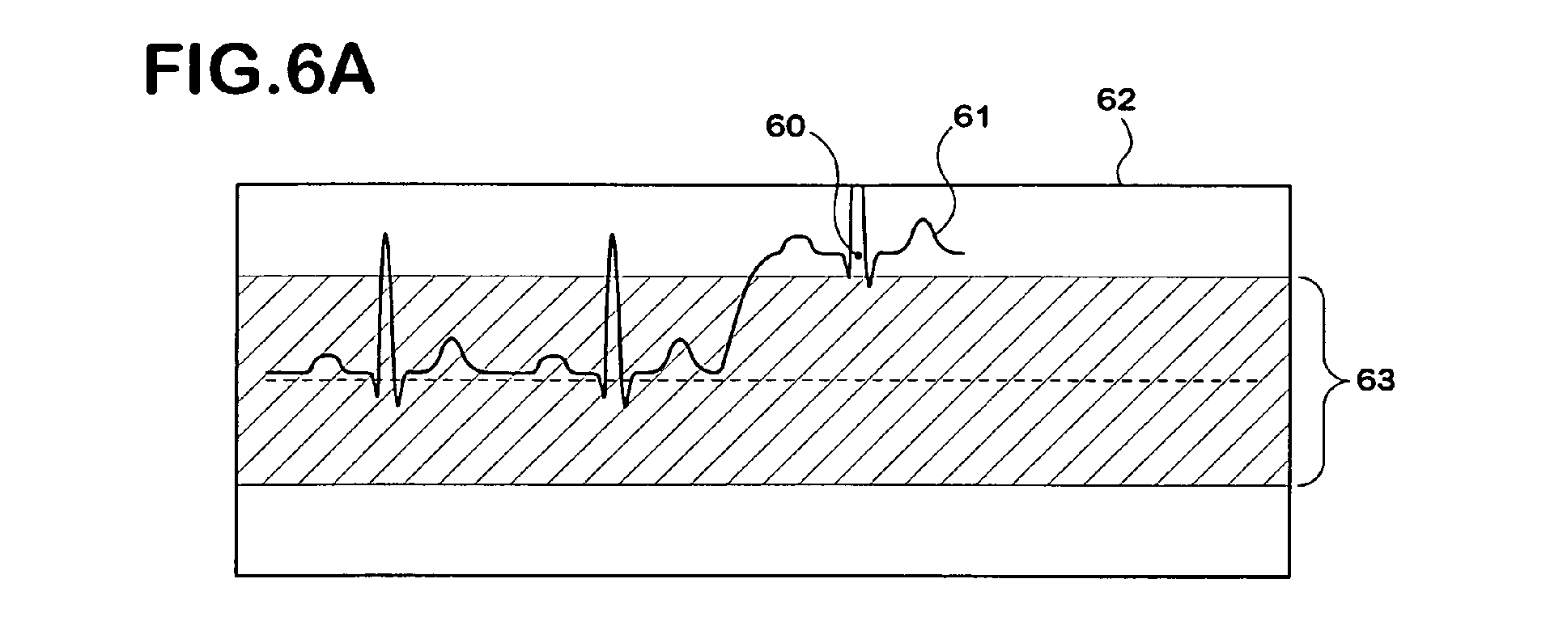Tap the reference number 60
(785, 127)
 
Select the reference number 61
(970, 118)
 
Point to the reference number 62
(1116, 100)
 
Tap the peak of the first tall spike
(385, 234)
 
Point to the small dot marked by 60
(858, 256)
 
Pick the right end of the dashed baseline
(1260, 380)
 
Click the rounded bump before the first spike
(325, 363)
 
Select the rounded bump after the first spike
(451, 353)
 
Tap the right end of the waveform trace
(963, 253)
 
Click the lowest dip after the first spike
(398, 404)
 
